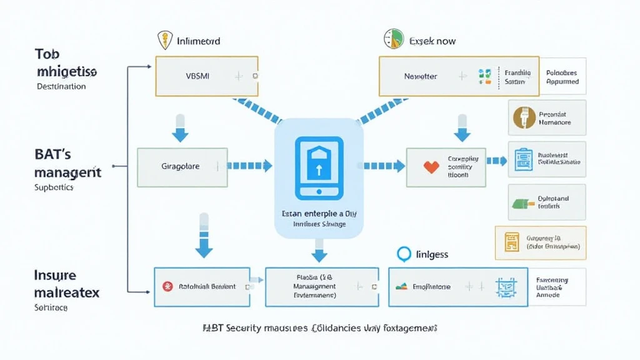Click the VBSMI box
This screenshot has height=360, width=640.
(x=206, y=76)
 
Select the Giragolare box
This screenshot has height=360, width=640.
(x=182, y=167)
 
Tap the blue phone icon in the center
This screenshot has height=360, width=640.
(x=319, y=165)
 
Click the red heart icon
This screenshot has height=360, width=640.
(x=431, y=167)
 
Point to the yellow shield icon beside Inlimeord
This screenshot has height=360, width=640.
(x=164, y=41)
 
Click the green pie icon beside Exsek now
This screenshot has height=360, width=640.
(x=392, y=39)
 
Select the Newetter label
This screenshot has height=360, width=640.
(x=420, y=76)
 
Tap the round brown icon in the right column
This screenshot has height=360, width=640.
(x=523, y=117)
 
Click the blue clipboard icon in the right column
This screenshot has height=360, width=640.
(x=522, y=159)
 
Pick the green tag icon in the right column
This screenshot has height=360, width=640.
(x=522, y=202)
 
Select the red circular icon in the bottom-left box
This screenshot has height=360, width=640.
(x=167, y=286)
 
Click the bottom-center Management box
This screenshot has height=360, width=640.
(x=322, y=286)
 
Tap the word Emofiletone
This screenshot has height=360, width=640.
(x=431, y=287)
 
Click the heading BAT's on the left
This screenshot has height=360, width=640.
(x=52, y=154)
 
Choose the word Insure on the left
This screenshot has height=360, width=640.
(x=56, y=275)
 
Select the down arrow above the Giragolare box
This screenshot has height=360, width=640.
(x=181, y=128)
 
